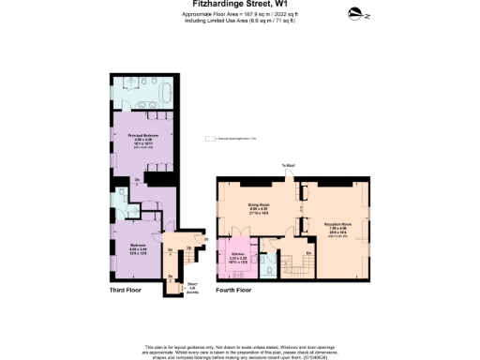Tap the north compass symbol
pyautogui.click(x=354, y=13)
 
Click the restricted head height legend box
pyautogui.click(x=210, y=140)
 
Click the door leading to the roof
pyautogui.click(x=289, y=176)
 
